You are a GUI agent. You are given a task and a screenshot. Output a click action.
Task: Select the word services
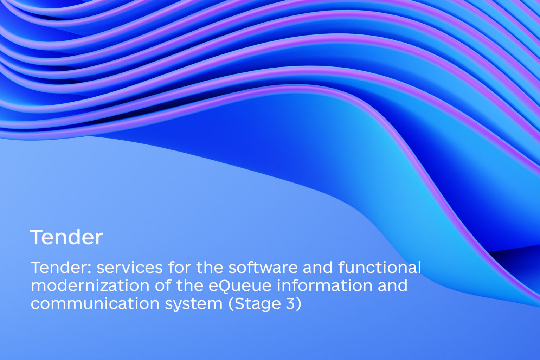pos(129,268)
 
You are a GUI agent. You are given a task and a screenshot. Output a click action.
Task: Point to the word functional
pos(380,268)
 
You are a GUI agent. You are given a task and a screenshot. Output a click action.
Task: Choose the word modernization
pos(90,285)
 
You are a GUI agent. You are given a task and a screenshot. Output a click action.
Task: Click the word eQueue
pos(240,285)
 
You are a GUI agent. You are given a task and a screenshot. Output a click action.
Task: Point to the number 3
pos(290,303)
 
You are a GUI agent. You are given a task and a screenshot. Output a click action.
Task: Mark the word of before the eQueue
pos(163,285)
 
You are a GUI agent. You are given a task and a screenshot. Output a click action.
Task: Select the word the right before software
pos(210,268)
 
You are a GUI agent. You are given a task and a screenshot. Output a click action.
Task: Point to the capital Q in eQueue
pos(225,286)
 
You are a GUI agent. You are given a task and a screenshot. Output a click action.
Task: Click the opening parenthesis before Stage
pos(231,304)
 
